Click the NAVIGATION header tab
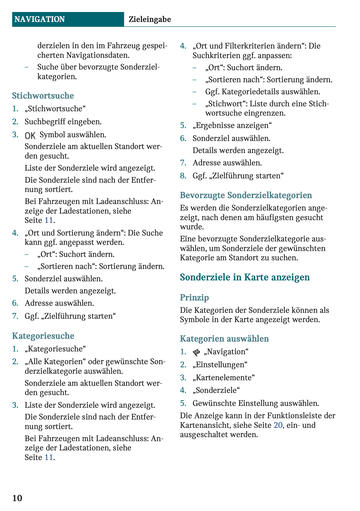pos(40,19)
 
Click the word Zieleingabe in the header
pos(150,19)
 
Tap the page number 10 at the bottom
pos(17,498)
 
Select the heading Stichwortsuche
pos(43,96)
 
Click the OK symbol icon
pos(30,135)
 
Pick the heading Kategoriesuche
pos(43,336)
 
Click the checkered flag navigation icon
pos(196,352)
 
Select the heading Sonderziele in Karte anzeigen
pos(245,277)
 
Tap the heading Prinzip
pos(194,297)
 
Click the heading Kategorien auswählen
pos(224,339)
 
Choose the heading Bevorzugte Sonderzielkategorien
pos(246,195)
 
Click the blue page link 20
pos(278,425)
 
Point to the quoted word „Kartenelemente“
pos(224,377)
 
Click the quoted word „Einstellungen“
pos(220,364)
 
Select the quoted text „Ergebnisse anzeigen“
pos(232,125)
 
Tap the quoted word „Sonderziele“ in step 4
pos(216,390)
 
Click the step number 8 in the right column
pos(183,176)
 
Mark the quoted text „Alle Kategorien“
pos(55,361)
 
